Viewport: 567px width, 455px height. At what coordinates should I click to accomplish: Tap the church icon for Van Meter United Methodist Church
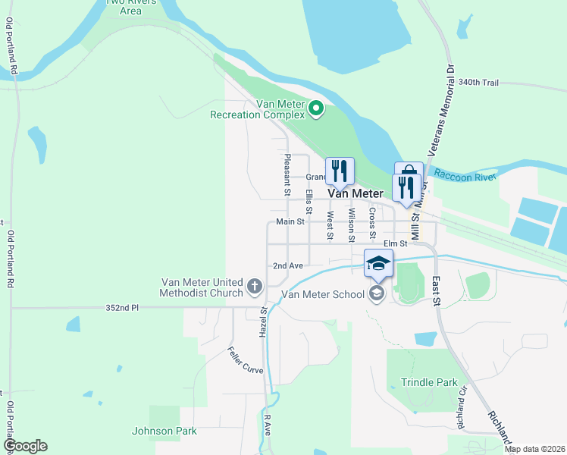[x=255, y=288]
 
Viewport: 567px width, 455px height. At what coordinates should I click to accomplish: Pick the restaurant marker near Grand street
[x=339, y=171]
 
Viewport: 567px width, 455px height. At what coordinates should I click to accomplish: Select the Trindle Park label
[x=429, y=382]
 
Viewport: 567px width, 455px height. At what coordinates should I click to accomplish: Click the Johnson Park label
[x=164, y=431]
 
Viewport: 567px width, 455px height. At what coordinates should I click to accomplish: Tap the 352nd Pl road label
[x=123, y=308]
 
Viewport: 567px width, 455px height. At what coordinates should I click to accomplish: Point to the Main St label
[x=290, y=222]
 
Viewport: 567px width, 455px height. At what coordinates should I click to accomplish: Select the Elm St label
[x=395, y=243]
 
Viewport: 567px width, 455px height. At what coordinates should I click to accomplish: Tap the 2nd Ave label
[x=288, y=266]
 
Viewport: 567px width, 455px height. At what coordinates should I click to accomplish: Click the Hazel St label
[x=264, y=323]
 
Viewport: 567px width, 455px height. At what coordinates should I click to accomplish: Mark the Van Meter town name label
[x=355, y=193]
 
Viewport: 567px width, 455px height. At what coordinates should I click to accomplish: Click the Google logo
[x=25, y=446]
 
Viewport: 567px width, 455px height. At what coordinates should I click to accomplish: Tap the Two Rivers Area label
[x=125, y=6]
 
